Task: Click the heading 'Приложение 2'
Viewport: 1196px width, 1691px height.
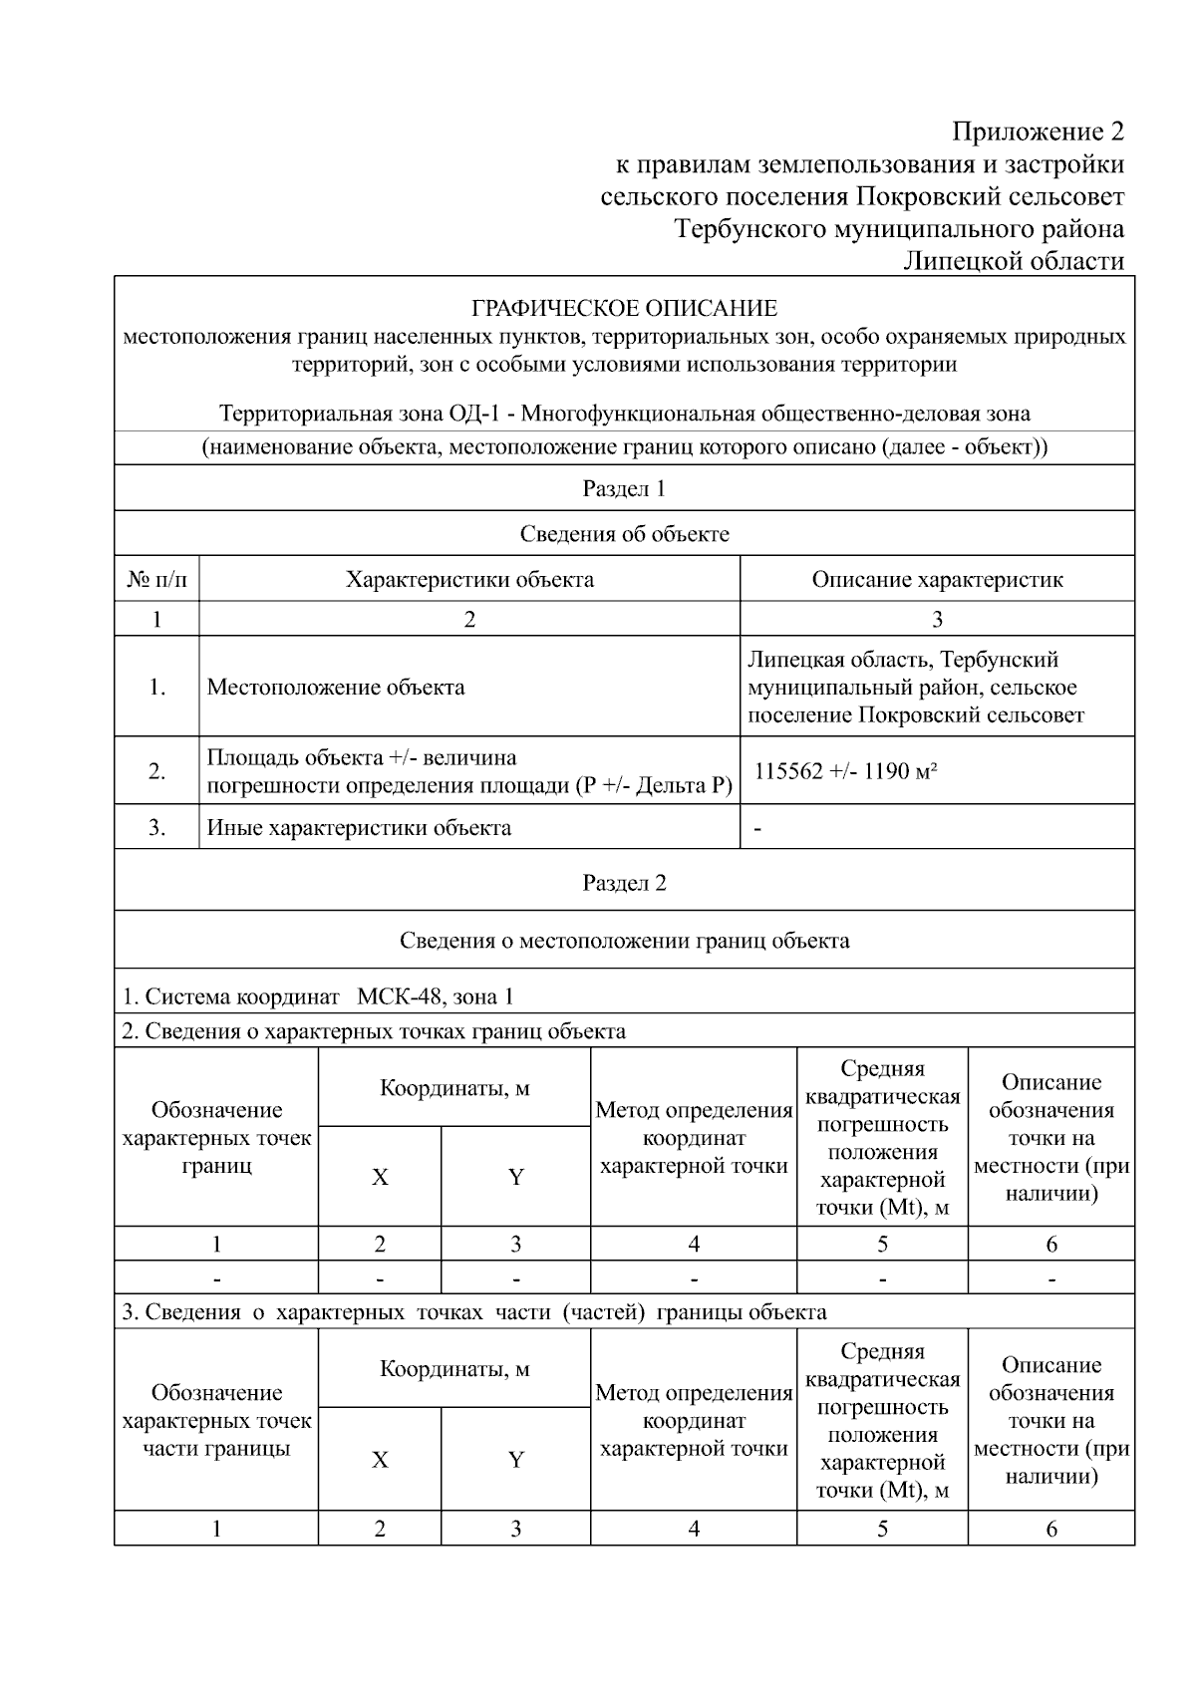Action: point(1038,132)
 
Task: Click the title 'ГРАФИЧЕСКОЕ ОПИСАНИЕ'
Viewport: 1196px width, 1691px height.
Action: point(624,308)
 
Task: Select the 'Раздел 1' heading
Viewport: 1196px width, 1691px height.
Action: point(624,488)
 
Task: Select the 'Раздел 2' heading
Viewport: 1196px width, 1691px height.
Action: point(624,883)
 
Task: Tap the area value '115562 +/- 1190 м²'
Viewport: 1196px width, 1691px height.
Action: point(846,771)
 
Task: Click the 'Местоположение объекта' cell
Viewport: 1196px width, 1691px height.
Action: point(336,687)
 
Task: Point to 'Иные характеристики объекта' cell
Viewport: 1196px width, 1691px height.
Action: point(359,827)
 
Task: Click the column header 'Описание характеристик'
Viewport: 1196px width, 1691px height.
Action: point(937,579)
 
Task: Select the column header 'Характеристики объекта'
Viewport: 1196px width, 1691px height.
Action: point(469,579)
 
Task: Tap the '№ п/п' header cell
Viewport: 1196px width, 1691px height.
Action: point(156,579)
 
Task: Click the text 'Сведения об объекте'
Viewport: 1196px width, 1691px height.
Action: point(624,534)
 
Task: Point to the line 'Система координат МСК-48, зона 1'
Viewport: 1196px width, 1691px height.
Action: point(318,996)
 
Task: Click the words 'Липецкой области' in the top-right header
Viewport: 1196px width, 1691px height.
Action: point(1013,261)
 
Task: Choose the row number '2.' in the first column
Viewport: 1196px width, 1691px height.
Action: point(156,771)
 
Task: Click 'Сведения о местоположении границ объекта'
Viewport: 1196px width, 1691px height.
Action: point(624,940)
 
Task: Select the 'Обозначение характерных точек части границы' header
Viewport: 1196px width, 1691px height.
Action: point(216,1420)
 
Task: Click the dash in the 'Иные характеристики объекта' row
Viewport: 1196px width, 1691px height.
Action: point(758,829)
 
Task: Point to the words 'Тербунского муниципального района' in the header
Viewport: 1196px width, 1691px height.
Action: point(899,228)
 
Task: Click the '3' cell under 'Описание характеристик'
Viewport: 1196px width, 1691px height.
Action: point(937,619)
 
